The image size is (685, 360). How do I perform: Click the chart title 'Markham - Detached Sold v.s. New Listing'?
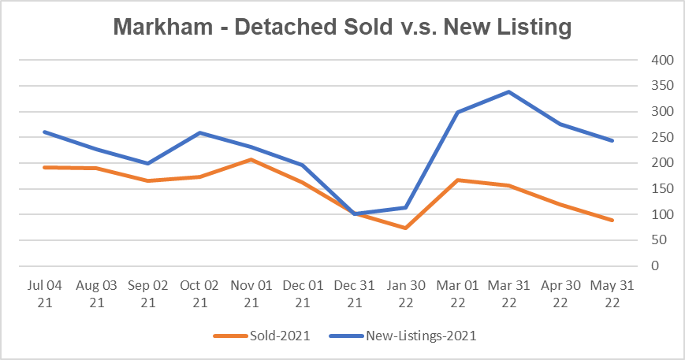coord(341,27)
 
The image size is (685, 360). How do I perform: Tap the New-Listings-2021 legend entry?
coord(420,336)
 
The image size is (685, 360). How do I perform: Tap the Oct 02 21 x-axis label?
coord(199,292)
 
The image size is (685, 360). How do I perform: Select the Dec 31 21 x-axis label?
coord(354,292)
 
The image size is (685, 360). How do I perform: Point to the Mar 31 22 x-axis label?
coord(508,292)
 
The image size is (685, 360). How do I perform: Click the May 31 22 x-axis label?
coord(611,292)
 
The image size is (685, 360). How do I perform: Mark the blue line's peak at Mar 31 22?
coord(508,91)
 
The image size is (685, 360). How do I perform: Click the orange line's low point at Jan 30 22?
coord(406,228)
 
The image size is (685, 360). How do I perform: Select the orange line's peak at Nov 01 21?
coord(251,159)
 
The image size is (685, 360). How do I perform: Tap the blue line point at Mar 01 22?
coord(457,112)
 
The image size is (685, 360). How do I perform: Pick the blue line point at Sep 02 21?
coord(148,163)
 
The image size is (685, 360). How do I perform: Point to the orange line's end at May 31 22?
coord(611,220)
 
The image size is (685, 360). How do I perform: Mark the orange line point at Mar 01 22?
coord(457,180)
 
